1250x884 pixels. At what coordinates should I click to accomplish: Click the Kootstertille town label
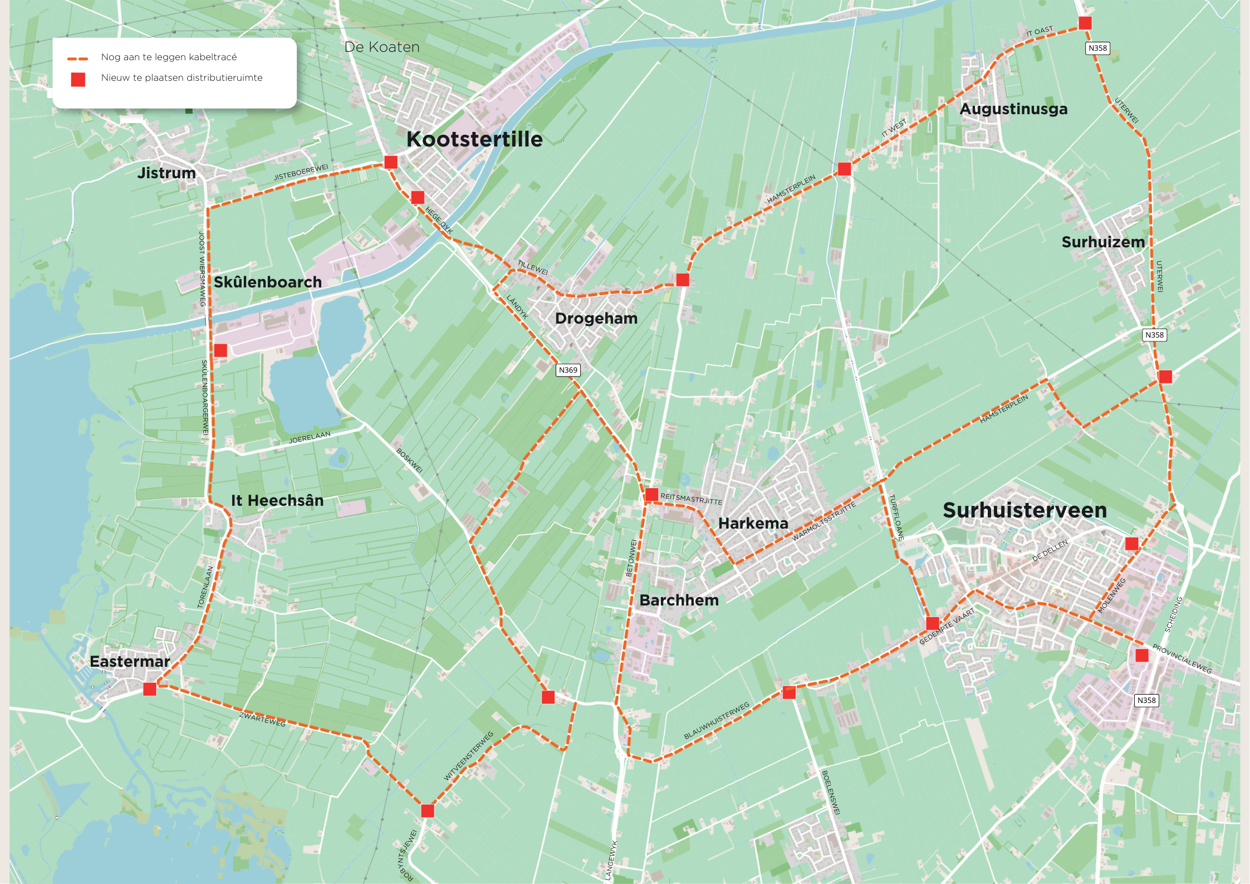474,139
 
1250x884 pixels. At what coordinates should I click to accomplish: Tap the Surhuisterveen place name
1024,510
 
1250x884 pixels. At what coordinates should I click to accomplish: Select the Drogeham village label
596,319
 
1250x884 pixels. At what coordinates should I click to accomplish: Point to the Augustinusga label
1013,109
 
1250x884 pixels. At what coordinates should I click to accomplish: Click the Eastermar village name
130,662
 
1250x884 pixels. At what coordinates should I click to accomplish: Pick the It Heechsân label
277,500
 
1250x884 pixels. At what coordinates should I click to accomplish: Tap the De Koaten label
382,47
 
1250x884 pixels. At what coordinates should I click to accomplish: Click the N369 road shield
568,370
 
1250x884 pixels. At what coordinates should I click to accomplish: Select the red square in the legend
78,80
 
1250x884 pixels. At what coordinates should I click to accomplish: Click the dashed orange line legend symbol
78,58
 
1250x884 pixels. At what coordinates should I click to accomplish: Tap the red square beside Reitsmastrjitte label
651,495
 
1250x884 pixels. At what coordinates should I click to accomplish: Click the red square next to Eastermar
150,689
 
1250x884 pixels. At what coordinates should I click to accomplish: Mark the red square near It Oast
1085,23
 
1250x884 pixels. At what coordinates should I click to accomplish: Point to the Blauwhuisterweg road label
717,721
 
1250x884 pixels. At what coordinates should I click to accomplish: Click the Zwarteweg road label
262,719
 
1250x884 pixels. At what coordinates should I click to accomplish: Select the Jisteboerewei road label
301,173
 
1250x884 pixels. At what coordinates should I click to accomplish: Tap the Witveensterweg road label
468,756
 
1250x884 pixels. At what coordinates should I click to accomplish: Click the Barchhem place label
679,600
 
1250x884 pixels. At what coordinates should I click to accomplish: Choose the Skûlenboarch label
268,282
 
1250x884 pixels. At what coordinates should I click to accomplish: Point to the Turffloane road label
896,517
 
